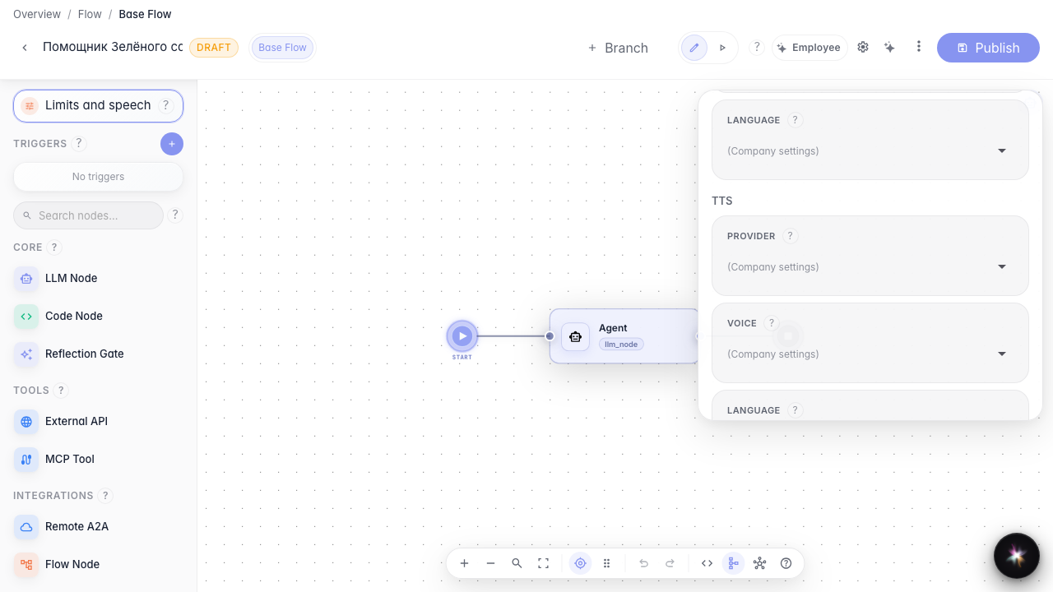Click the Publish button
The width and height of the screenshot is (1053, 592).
coord(988,48)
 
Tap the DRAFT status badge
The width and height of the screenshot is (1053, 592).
coord(213,48)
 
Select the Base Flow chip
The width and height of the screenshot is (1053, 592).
coord(282,48)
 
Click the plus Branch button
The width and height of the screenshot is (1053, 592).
coord(618,48)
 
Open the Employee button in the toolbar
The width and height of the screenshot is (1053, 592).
coord(809,48)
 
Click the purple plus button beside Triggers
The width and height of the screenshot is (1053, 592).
coord(172,144)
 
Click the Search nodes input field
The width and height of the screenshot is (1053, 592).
coord(88,215)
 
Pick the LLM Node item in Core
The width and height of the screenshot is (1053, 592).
coord(71,278)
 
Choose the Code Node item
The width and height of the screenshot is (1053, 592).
coord(74,317)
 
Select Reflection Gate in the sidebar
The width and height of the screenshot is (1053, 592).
coord(84,354)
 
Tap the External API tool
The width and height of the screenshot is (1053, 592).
coord(77,422)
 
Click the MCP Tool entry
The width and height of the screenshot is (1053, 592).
coord(70,459)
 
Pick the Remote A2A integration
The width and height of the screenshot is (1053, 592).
coord(77,527)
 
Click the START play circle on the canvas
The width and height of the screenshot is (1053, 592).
coord(462,336)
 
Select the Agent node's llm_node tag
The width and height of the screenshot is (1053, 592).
coord(621,345)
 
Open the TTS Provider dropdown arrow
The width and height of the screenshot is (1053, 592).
coord(1002,267)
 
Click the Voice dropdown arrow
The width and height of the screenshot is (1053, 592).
coord(1002,354)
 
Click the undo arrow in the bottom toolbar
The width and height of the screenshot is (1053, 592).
coord(643,563)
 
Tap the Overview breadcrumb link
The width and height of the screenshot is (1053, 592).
coord(37,14)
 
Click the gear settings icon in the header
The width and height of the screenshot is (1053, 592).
coord(863,48)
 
